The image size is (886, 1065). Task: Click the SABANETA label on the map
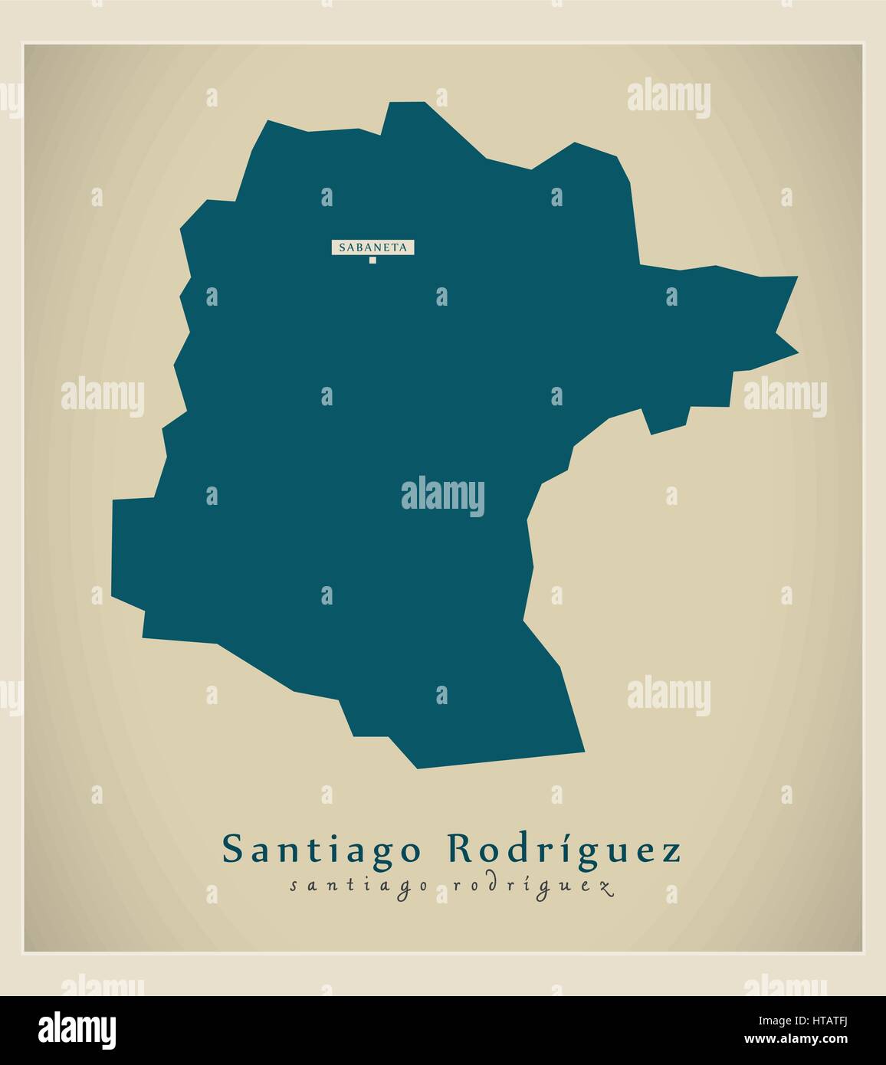(373, 247)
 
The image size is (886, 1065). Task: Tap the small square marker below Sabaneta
(373, 261)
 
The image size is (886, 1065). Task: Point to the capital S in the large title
(231, 850)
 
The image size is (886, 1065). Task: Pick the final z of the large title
(671, 854)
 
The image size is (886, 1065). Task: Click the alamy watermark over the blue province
(442, 493)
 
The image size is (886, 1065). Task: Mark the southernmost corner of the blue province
(417, 768)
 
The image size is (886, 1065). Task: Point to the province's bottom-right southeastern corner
(584, 752)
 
